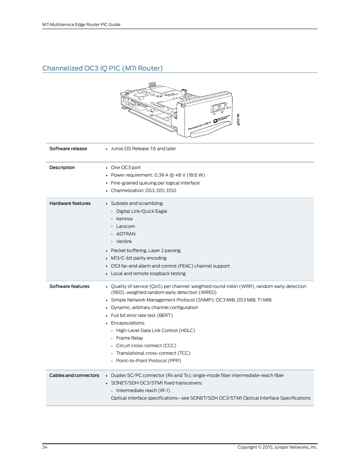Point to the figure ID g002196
coord(238,120)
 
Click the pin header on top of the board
coord(152,84)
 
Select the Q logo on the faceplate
coord(215,121)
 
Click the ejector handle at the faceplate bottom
coord(209,130)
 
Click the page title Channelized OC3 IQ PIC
coord(102,68)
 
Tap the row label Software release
coord(68,149)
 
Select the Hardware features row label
coord(70,203)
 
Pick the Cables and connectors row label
coord(74,375)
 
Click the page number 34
coord(45,447)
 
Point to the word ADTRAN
coord(126,234)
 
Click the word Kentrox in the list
coord(125,219)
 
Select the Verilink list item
coord(124,241)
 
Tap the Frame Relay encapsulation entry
coord(129,338)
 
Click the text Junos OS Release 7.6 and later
coord(143,149)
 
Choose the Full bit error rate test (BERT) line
coord(142,315)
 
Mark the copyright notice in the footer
coord(277,447)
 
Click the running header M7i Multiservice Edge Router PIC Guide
coord(81,25)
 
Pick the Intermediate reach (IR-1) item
coord(143,391)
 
